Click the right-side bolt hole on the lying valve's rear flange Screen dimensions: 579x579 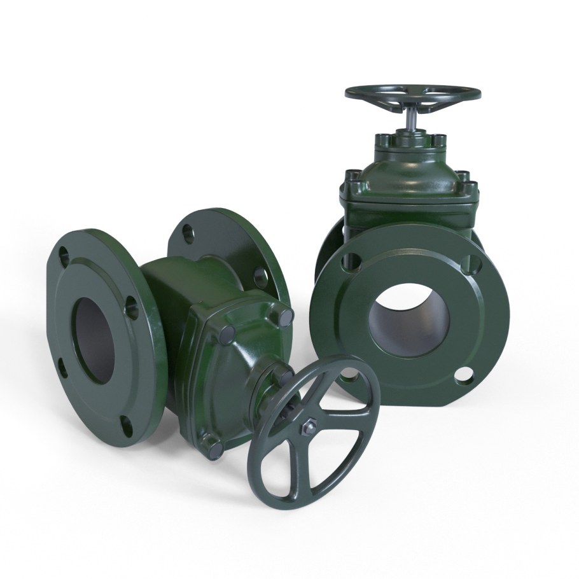pos(262,275)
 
